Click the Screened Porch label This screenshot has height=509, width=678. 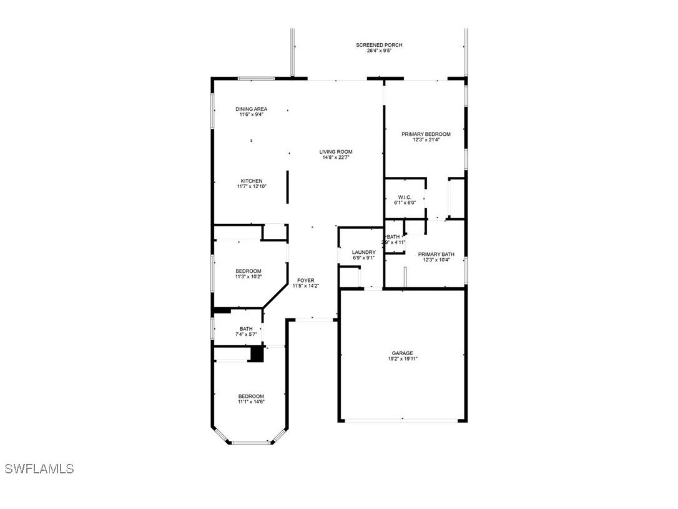click(x=379, y=45)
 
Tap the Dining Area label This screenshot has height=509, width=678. click(x=251, y=109)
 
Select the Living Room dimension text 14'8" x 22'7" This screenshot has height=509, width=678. click(x=336, y=158)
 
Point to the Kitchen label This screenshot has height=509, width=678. click(x=251, y=181)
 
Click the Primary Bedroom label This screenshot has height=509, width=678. click(x=426, y=134)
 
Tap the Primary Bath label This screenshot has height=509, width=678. click(x=436, y=254)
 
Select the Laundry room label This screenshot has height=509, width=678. click(x=363, y=252)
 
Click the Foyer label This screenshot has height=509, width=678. click(x=305, y=280)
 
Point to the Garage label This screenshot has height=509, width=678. click(x=402, y=353)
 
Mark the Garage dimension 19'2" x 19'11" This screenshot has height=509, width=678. click(x=402, y=359)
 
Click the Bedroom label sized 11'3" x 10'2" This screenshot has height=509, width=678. click(x=248, y=271)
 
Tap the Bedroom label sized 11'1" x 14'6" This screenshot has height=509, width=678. click(x=251, y=396)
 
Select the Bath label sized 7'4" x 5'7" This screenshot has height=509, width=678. click(x=246, y=329)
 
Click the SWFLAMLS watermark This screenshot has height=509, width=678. click(x=39, y=469)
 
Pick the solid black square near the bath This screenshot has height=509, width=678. click(x=256, y=354)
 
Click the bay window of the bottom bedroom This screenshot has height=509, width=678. click(x=250, y=443)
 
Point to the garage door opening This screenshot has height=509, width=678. click(x=403, y=420)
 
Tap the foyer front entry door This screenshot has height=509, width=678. click(x=313, y=320)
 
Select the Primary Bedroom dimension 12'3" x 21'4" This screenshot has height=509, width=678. click(x=426, y=140)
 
